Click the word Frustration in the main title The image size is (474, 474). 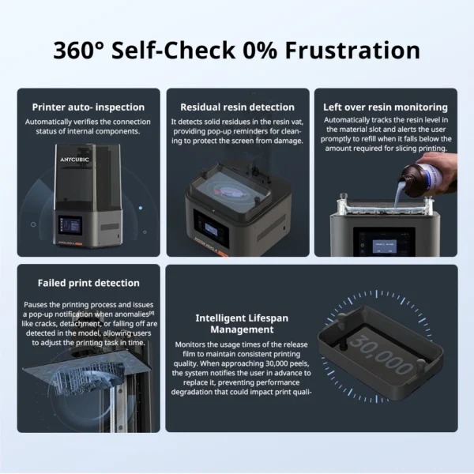coord(352,51)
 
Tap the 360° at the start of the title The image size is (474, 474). coord(78,51)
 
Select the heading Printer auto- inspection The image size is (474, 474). coord(88,107)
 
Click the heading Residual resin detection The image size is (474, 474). coord(237,107)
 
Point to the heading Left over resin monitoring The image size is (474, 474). coord(386,107)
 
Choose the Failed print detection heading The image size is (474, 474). coord(88,283)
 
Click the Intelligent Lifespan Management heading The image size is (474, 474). coord(242,324)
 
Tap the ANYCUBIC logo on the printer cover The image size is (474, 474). coord(74,160)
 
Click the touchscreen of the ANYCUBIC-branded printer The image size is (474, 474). coord(71,225)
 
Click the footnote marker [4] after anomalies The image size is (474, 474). coord(152,313)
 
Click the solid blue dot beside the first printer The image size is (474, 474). coord(141,208)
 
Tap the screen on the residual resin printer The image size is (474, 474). coord(211,231)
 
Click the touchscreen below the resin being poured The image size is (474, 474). coord(384,243)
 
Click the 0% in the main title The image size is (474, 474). coord(260,51)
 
